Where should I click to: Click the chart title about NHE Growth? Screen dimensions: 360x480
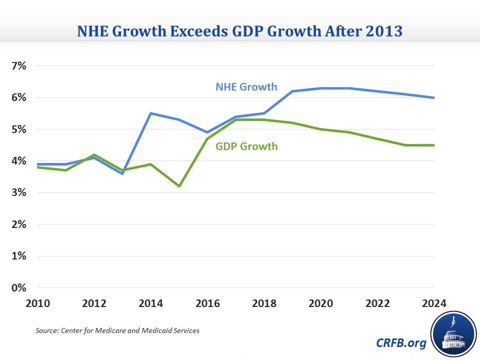pyautogui.click(x=239, y=32)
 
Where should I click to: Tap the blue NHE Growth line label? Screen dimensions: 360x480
pyautogui.click(x=246, y=86)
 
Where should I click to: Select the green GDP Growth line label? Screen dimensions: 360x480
pyautogui.click(x=246, y=146)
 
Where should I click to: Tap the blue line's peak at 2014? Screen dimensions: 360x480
pyautogui.click(x=151, y=113)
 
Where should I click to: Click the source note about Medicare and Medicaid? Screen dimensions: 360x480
pyautogui.click(x=117, y=331)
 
